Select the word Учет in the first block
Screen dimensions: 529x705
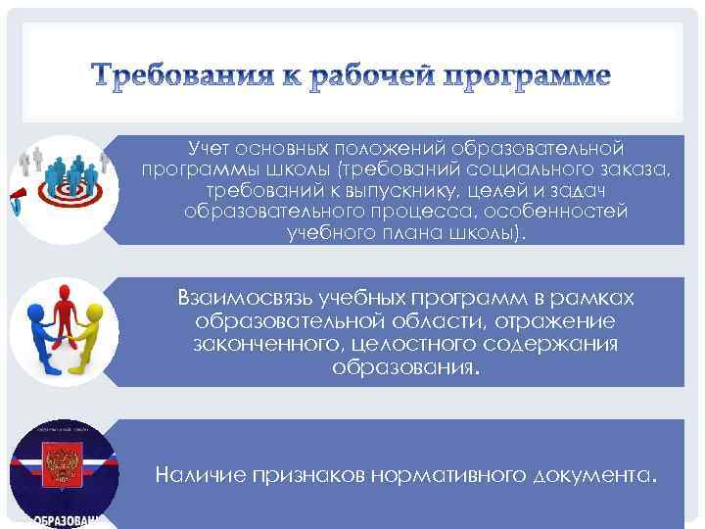210,148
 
